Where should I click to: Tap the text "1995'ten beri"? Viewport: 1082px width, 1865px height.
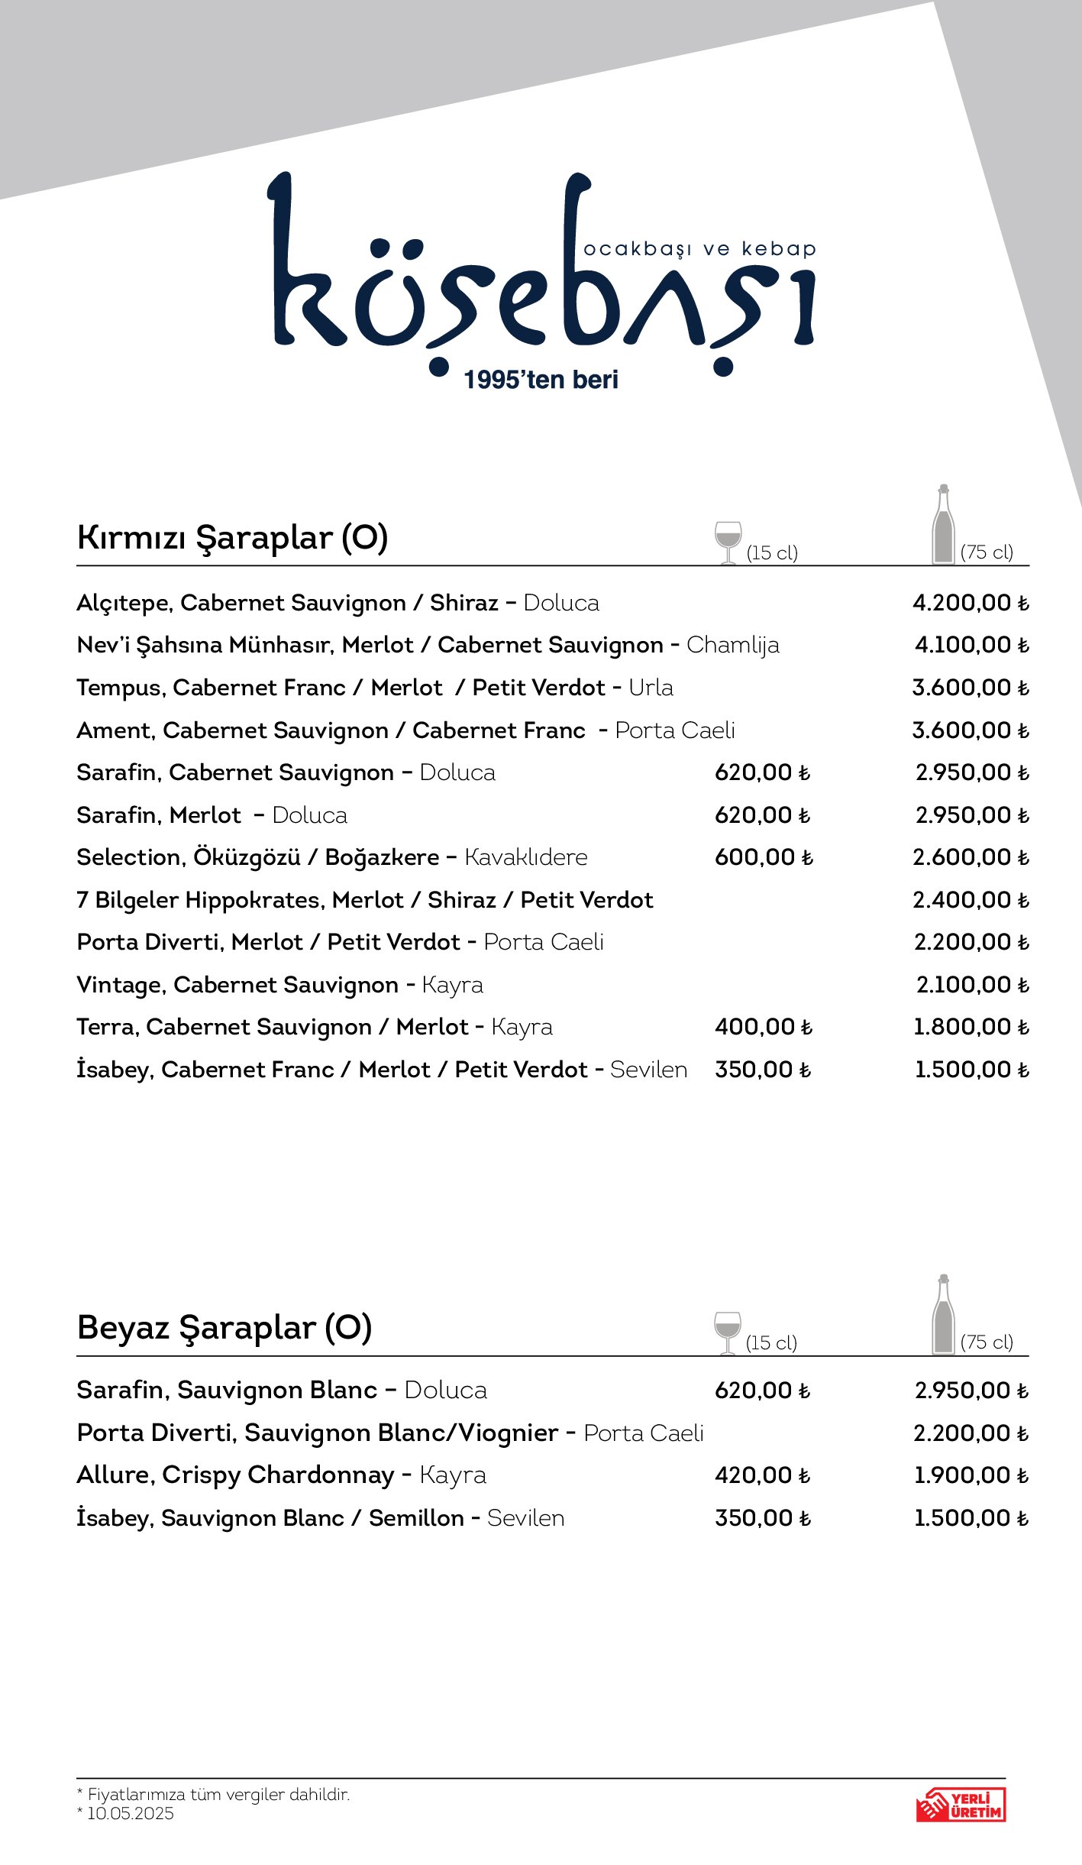click(x=541, y=380)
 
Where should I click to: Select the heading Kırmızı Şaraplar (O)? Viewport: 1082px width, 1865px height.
click(x=232, y=538)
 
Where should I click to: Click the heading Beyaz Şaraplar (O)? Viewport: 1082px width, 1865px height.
click(x=224, y=1328)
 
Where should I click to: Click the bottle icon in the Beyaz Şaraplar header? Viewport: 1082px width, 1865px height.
click(x=944, y=1315)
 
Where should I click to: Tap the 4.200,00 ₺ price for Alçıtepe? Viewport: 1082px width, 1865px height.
click(x=971, y=603)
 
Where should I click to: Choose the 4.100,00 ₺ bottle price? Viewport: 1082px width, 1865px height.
click(x=971, y=645)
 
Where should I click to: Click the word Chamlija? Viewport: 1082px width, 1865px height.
click(x=732, y=646)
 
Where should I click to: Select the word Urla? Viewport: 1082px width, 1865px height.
click(x=651, y=688)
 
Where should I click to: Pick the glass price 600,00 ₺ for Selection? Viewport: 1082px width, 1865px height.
click(x=764, y=857)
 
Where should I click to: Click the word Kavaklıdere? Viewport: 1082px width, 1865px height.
click(x=526, y=857)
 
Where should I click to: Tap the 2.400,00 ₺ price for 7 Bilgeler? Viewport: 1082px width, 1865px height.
click(x=971, y=900)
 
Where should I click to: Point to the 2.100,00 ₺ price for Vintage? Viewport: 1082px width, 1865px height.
click(x=972, y=985)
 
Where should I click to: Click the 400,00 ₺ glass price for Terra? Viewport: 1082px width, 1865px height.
click(x=764, y=1027)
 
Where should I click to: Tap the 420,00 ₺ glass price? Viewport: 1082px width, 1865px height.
click(x=762, y=1475)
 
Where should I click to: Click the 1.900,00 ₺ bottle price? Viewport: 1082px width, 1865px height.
click(x=971, y=1475)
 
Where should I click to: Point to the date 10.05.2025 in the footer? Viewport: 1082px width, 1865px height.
click(x=131, y=1814)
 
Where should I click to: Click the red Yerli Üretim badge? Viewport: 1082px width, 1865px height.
click(x=961, y=1805)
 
